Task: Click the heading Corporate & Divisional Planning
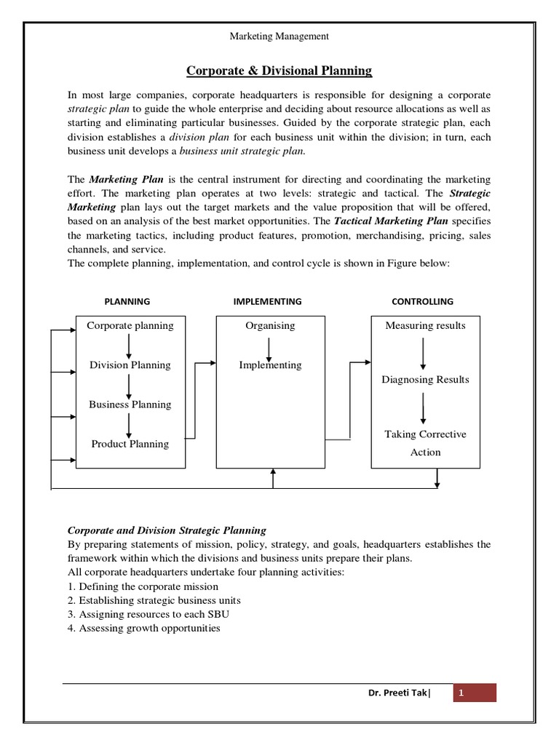[x=279, y=71]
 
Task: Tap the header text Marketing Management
[x=279, y=36]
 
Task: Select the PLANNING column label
[x=127, y=301]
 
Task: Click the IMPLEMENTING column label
[x=267, y=301]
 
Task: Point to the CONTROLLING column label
[x=422, y=301]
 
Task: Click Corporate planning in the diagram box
[x=130, y=325]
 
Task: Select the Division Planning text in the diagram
[x=130, y=365]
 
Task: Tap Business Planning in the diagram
[x=130, y=405]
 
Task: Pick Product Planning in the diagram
[x=130, y=444]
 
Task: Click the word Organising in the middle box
[x=270, y=325]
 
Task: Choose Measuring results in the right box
[x=425, y=325]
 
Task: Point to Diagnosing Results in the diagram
[x=425, y=380]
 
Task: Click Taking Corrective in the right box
[x=425, y=434]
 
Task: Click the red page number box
[x=475, y=693]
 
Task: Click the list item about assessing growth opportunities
[x=144, y=627]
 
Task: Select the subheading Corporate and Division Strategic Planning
[x=167, y=530]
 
